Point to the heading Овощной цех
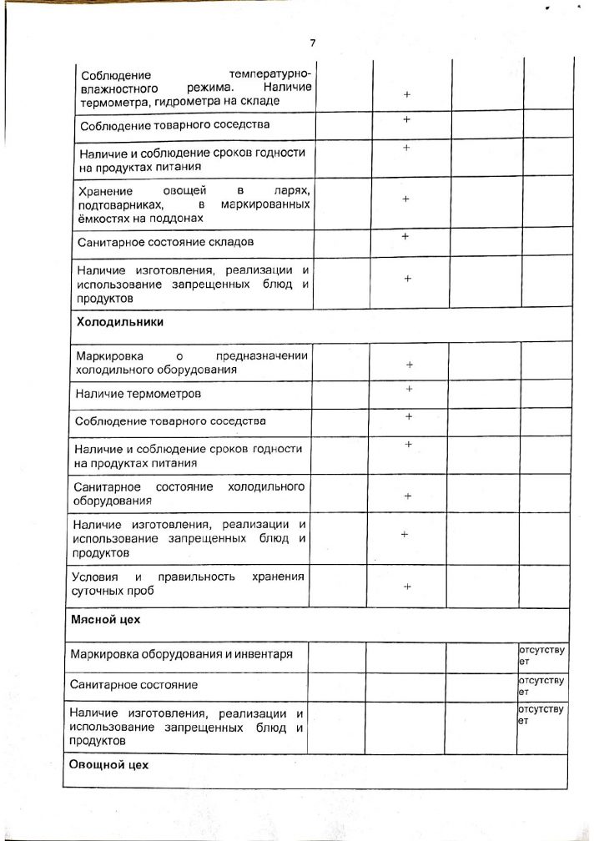(108, 764)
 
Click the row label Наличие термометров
(138, 392)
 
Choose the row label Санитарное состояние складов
(164, 242)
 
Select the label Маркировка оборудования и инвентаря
(182, 654)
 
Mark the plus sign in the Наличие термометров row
(409, 389)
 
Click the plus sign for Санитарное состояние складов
(405, 236)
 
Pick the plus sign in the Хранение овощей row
(405, 199)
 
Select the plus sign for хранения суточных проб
(408, 587)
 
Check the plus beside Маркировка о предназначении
(409, 365)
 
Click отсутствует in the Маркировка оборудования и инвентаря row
(541, 653)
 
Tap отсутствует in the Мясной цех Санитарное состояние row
(541, 686)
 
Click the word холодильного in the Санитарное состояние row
(266, 486)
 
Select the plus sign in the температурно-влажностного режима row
(406, 95)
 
